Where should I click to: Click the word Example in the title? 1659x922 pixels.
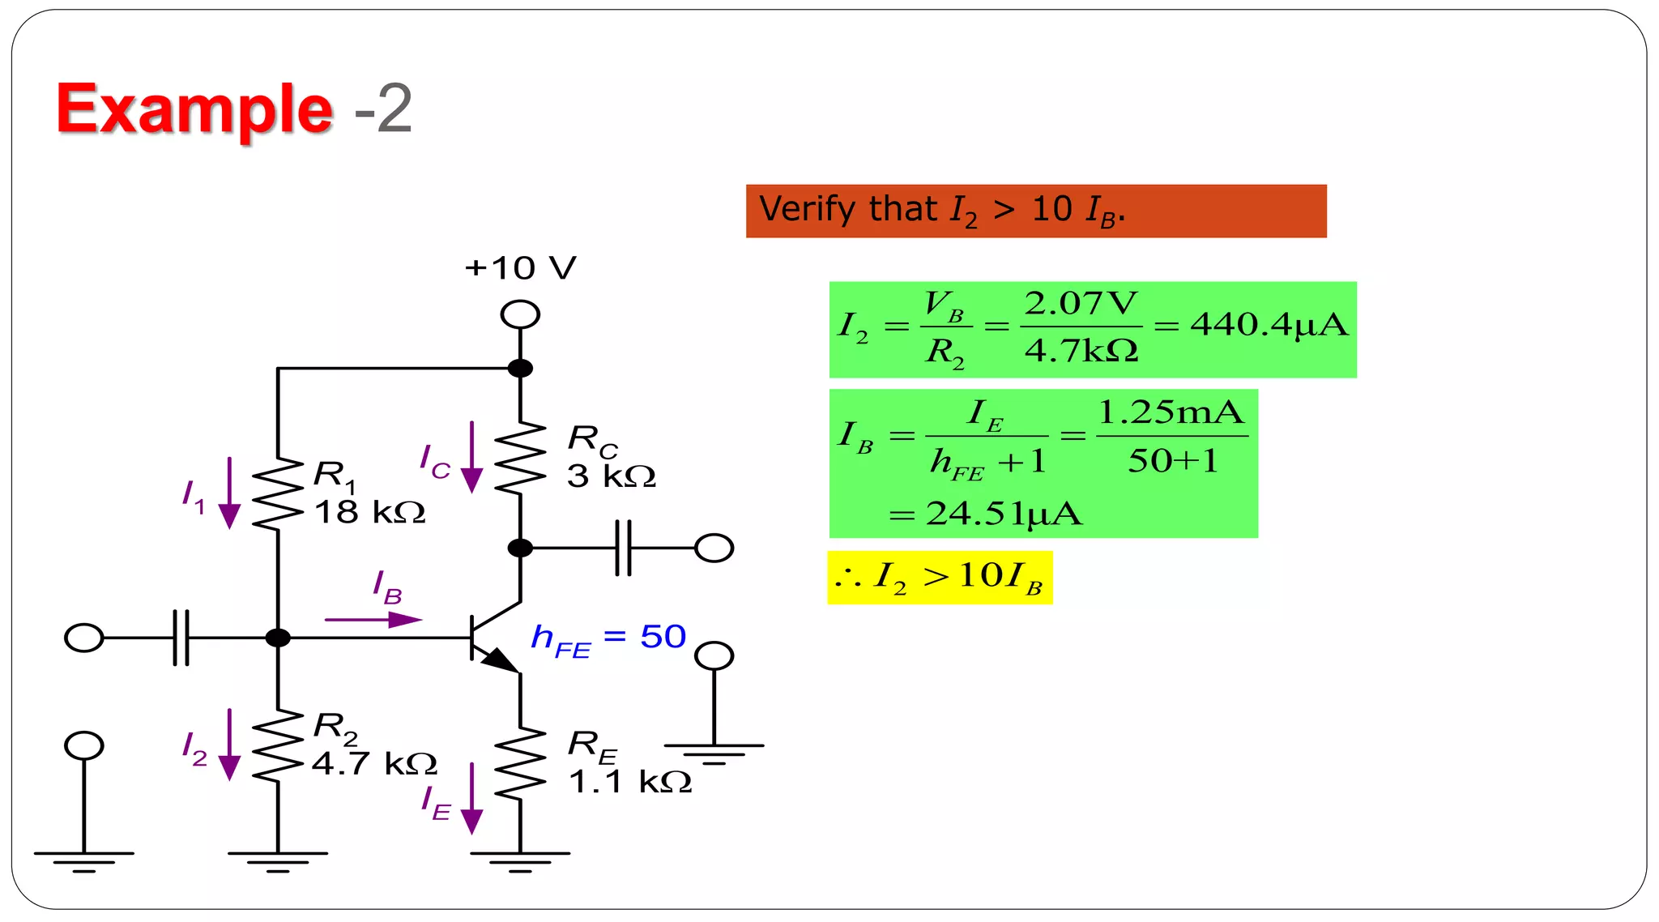click(x=194, y=109)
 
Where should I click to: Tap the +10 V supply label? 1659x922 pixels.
click(x=520, y=268)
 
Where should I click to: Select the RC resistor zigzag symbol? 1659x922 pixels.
click(x=520, y=458)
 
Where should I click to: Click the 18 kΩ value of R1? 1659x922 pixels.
click(x=369, y=513)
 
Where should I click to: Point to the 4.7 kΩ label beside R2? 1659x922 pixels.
click(x=374, y=764)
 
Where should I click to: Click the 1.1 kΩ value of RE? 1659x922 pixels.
click(x=630, y=783)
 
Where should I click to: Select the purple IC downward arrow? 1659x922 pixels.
click(x=471, y=457)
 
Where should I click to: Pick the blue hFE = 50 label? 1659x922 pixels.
click(x=608, y=638)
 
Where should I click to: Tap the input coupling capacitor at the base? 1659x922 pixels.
click(x=181, y=638)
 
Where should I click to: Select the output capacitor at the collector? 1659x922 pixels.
click(x=623, y=549)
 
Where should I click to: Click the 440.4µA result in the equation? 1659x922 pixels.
click(x=1269, y=326)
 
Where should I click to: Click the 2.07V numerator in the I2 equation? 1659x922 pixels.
click(x=1081, y=305)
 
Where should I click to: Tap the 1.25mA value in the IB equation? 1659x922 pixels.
click(x=1171, y=413)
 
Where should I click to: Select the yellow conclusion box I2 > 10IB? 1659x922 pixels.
click(x=940, y=578)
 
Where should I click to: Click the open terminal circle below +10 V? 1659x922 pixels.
click(x=520, y=314)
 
